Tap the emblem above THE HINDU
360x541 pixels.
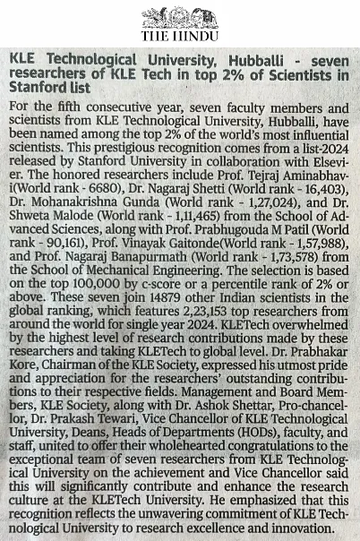(179, 17)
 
